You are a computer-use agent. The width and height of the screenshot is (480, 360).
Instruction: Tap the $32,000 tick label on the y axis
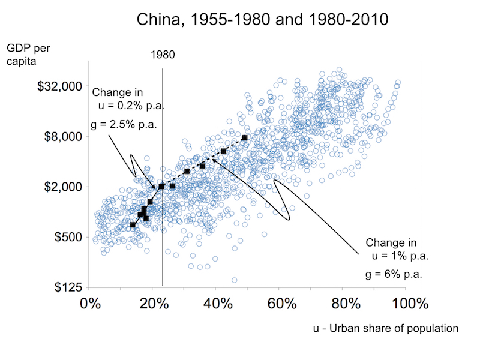[59, 86]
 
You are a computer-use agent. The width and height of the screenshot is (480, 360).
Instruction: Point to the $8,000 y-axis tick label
[62, 137]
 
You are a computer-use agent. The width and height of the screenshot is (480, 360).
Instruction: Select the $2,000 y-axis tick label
[62, 187]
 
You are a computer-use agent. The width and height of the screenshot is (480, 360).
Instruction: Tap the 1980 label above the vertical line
[163, 55]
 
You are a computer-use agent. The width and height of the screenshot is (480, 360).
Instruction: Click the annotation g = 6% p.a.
[394, 274]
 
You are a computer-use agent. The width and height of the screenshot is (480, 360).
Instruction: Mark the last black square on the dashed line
[245, 138]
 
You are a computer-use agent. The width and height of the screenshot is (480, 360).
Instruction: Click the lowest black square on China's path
[133, 225]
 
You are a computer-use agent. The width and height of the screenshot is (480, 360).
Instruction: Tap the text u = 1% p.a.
[401, 257]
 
